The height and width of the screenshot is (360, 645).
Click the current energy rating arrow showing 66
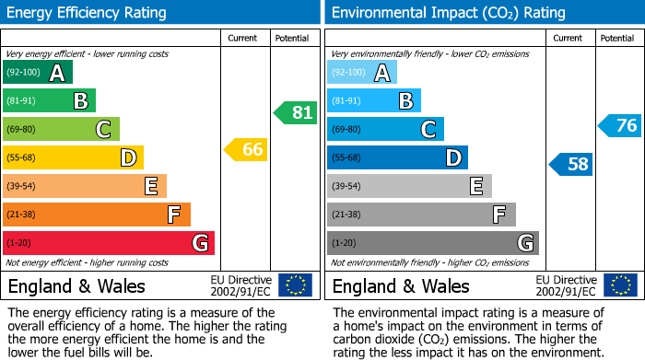click(x=246, y=149)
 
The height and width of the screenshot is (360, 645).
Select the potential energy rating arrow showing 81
click(x=295, y=113)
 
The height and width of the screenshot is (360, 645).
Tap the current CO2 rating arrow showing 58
click(x=571, y=165)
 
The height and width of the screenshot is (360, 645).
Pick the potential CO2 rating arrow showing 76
click(x=620, y=126)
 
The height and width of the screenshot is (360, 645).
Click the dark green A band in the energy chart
click(x=38, y=73)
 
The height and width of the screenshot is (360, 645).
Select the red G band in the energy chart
click(x=109, y=243)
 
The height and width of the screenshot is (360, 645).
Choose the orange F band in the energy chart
click(x=97, y=215)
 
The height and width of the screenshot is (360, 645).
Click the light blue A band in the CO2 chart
click(x=362, y=73)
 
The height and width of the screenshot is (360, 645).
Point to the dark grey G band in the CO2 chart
click(x=433, y=243)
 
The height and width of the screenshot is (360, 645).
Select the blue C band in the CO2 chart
click(x=385, y=129)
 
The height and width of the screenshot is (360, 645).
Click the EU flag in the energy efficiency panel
click(x=295, y=285)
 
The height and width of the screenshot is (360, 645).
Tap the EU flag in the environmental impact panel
click(x=619, y=285)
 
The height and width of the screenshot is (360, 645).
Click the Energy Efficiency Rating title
click(x=88, y=13)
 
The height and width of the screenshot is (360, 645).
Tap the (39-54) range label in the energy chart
click(x=20, y=186)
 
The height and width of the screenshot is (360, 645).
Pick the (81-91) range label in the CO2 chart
click(x=346, y=101)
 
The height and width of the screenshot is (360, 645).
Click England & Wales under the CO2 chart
click(x=400, y=285)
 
